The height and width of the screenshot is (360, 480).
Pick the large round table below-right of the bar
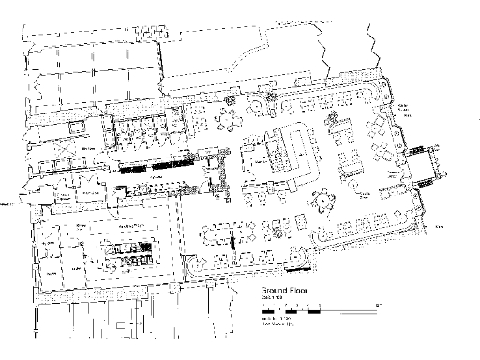click(324, 198)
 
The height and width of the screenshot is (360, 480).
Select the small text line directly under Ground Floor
click(272, 299)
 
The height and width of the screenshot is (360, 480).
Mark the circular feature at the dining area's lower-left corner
click(195, 270)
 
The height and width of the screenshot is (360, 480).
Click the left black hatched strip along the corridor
click(129, 172)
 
